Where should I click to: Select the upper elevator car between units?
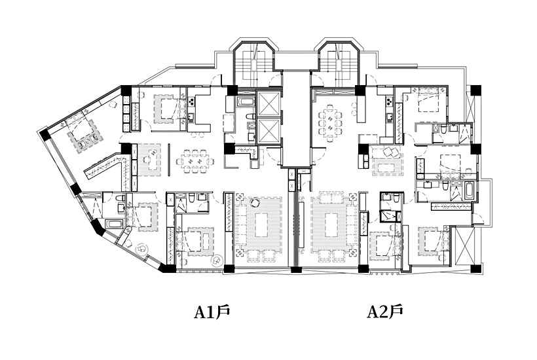[x=269, y=104]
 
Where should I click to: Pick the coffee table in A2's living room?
[x=334, y=227]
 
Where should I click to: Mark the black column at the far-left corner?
[x=44, y=134]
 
